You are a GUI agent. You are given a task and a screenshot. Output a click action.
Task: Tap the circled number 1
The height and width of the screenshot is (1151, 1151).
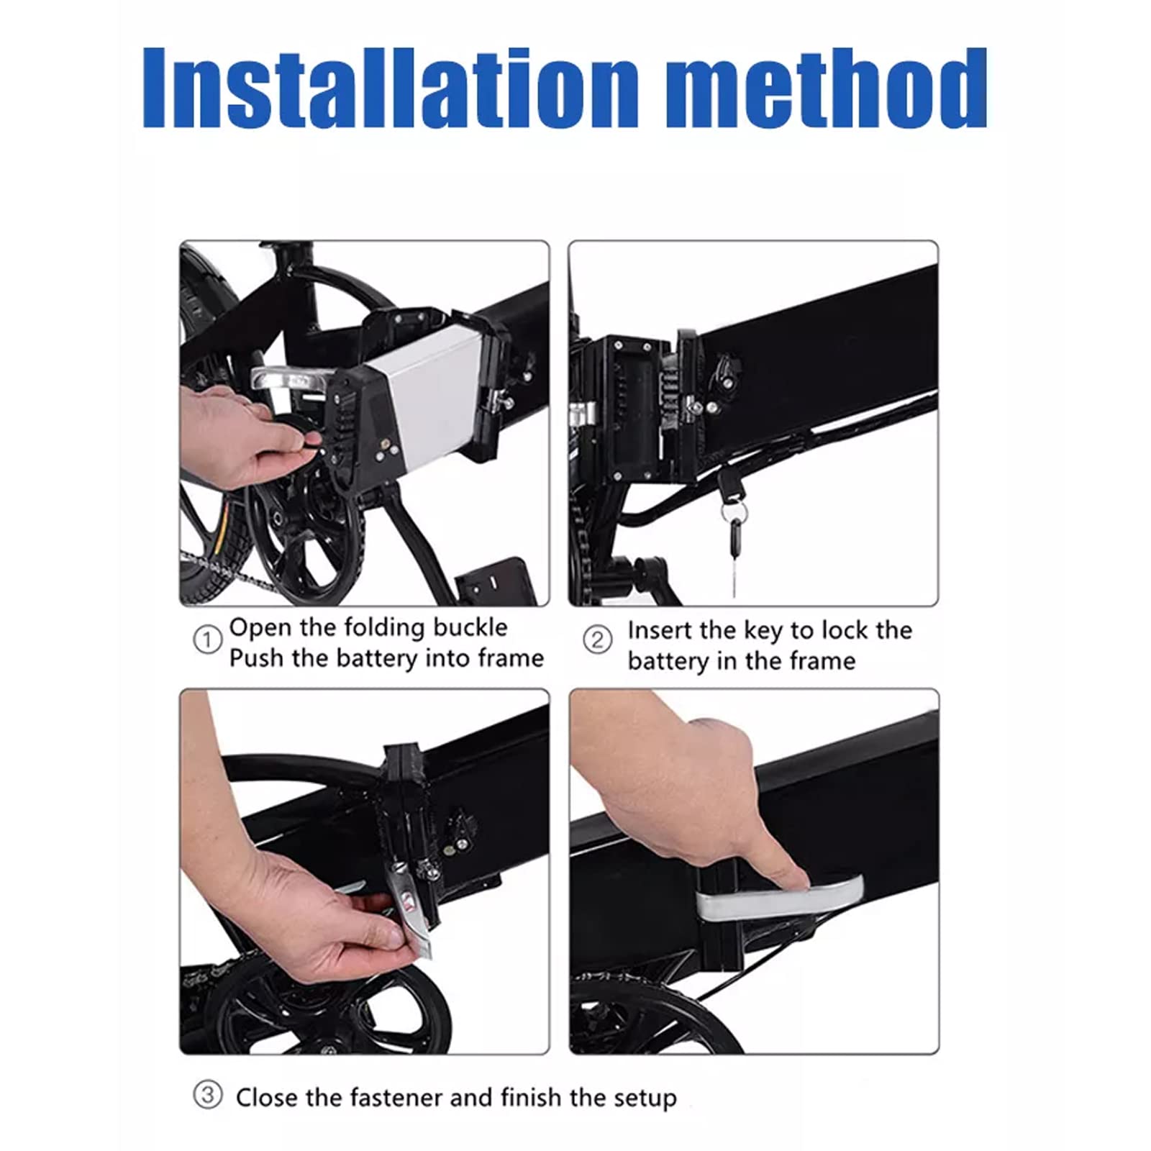point(208,640)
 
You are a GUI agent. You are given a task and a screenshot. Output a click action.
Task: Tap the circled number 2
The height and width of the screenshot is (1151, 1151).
point(597,639)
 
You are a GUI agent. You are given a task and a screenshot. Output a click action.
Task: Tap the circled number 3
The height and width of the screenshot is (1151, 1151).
point(208,1096)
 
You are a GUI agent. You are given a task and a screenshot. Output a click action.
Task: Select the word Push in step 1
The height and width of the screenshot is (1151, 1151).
point(256,658)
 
